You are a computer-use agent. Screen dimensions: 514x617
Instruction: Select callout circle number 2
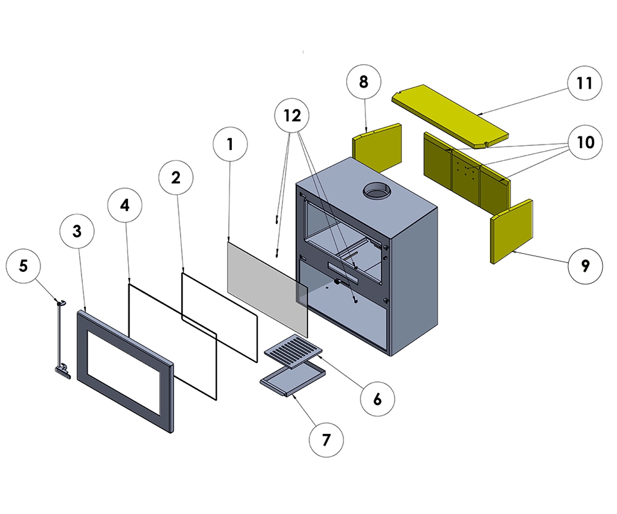(x=176, y=177)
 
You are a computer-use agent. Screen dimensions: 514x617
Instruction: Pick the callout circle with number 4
(x=125, y=204)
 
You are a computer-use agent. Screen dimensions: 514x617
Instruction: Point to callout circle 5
(x=23, y=266)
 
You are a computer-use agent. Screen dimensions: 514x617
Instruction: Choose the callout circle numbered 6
(x=377, y=398)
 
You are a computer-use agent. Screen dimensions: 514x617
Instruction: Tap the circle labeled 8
(x=364, y=83)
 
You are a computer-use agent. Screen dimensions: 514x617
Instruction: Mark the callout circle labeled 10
(x=585, y=142)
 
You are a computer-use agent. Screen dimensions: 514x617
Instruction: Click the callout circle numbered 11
(x=585, y=83)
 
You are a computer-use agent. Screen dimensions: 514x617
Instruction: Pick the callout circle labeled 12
(x=292, y=116)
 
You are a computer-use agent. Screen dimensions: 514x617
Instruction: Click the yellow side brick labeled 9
(x=512, y=231)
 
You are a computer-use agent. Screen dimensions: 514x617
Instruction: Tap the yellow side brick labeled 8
(x=377, y=148)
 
